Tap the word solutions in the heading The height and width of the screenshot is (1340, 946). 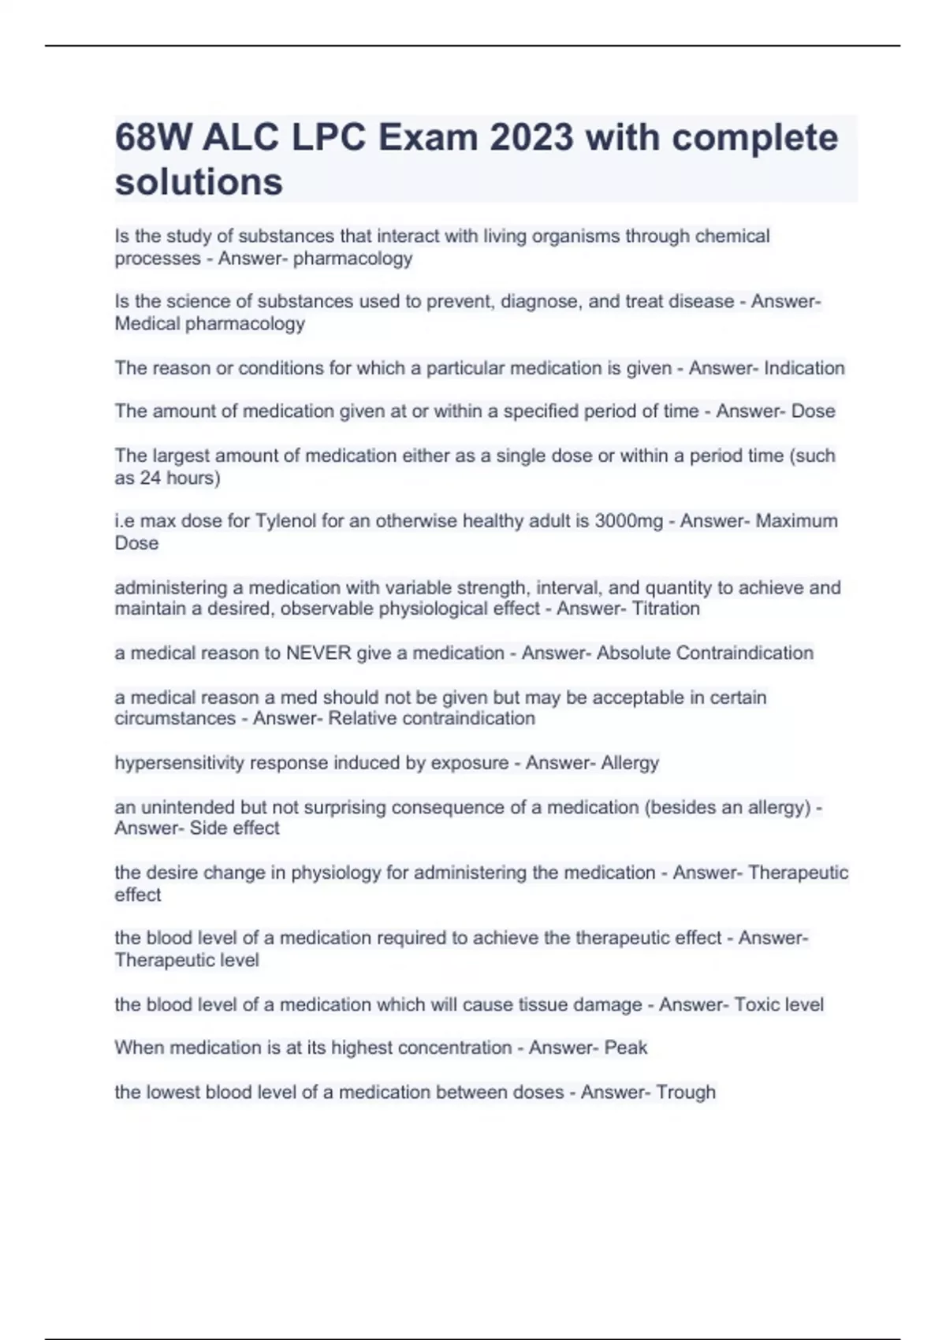(199, 181)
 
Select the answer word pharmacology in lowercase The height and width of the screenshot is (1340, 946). (352, 259)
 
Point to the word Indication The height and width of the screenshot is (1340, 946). (804, 368)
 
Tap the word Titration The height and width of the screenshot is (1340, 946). (665, 609)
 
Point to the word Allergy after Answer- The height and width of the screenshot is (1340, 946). (630, 763)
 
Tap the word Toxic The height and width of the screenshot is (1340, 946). (756, 1005)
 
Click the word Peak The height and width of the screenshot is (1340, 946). (626, 1048)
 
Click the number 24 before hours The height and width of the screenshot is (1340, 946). (150, 478)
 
